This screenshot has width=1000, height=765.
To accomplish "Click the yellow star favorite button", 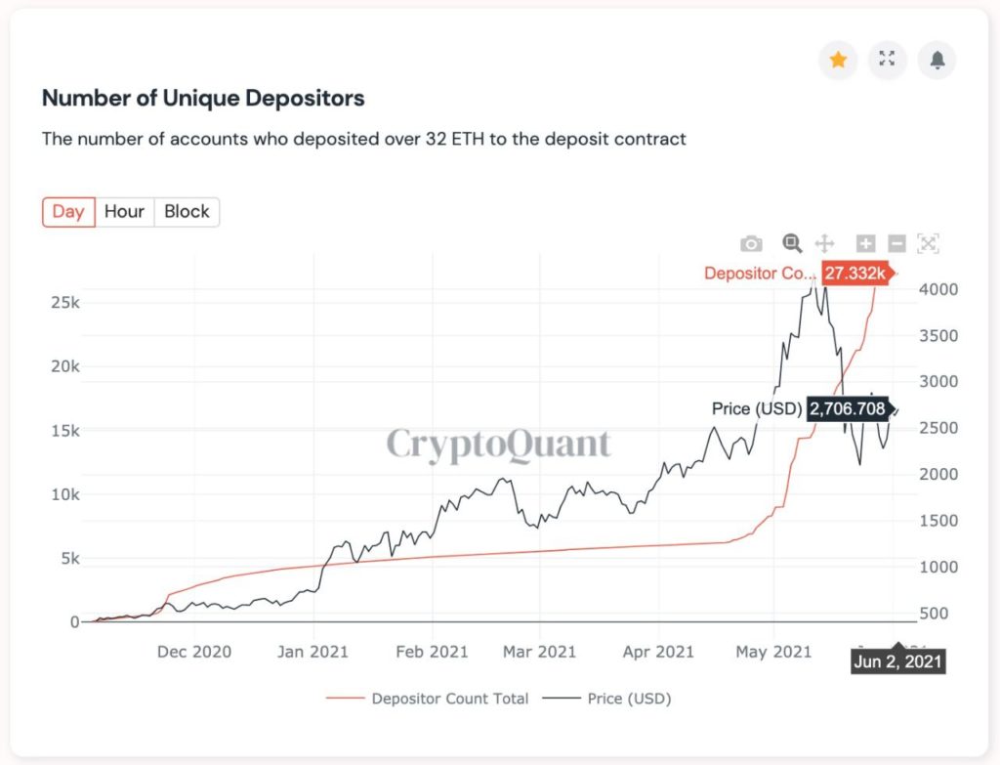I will click(838, 60).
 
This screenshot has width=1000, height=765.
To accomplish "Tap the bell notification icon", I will click(937, 60).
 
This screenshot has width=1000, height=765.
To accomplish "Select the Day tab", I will click(68, 212).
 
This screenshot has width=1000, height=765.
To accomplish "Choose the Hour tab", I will click(124, 212).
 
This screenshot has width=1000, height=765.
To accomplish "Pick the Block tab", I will click(187, 212).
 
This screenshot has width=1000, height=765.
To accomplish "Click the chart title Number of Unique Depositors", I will click(203, 99).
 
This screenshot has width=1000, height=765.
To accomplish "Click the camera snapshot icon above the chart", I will click(751, 243).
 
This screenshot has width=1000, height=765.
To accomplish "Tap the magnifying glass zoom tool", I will click(792, 243).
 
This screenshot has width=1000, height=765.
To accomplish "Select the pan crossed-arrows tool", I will click(823, 243).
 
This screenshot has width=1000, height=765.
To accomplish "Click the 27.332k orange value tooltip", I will click(854, 274).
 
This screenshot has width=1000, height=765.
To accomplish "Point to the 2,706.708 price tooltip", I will click(846, 408).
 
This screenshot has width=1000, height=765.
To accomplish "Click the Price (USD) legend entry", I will click(629, 699).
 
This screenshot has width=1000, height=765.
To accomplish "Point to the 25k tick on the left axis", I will click(65, 302).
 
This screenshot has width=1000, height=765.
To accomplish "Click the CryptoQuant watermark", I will click(498, 445).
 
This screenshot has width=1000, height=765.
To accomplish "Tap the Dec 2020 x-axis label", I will click(194, 652).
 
